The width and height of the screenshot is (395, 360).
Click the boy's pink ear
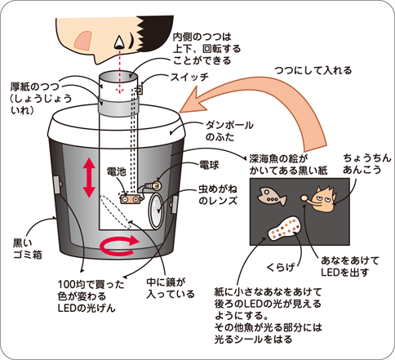click(83, 41)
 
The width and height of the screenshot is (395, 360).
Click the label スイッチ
click(189, 78)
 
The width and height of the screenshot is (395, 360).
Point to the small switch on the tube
click(140, 90)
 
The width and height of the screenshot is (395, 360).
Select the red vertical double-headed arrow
click(89, 178)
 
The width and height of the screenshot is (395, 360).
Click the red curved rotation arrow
click(120, 244)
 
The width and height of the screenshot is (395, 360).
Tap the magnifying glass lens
click(156, 211)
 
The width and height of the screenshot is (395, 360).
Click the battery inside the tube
click(130, 199)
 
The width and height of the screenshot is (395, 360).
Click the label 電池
click(117, 171)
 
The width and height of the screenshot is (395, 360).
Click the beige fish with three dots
click(272, 196)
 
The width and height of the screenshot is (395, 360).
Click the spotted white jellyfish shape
click(285, 229)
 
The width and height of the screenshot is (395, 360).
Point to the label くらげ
click(281, 267)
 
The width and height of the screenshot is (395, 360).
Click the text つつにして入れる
click(313, 70)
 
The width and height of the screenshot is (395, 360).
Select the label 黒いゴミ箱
click(28, 249)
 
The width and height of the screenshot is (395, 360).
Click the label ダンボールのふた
click(229, 131)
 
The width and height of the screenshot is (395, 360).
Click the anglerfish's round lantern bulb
click(304, 198)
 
